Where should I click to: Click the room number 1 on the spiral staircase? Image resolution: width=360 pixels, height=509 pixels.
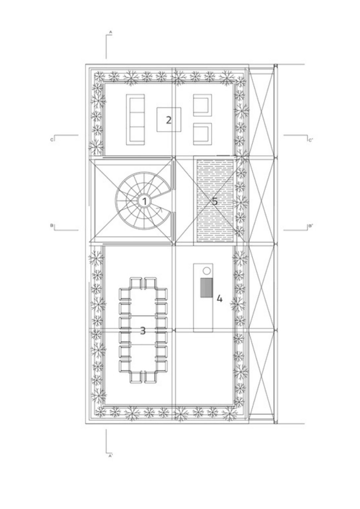tap(144, 201)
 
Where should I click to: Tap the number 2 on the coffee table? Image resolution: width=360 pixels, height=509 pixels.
tap(168, 120)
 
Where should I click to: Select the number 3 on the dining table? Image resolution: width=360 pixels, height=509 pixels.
tap(143, 331)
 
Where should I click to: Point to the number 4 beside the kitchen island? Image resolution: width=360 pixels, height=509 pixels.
tap(219, 298)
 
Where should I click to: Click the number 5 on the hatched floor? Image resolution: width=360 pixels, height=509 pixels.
tap(215, 201)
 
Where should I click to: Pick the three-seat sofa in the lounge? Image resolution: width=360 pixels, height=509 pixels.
tap(136, 120)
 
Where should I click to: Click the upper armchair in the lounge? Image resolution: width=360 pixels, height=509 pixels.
tap(203, 105)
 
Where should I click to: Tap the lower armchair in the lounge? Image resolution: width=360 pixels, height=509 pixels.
tap(203, 134)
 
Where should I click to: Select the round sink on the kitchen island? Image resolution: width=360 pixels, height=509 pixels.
tap(207, 271)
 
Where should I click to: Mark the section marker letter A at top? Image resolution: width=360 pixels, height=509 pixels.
tap(111, 32)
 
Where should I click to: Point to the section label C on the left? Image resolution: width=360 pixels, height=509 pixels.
tap(52, 140)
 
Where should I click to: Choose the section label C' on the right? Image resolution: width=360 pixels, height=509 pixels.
tap(311, 140)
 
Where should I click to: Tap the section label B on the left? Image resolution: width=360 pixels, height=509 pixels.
tap(52, 226)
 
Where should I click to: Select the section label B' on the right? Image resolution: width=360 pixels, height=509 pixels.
tap(311, 226)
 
